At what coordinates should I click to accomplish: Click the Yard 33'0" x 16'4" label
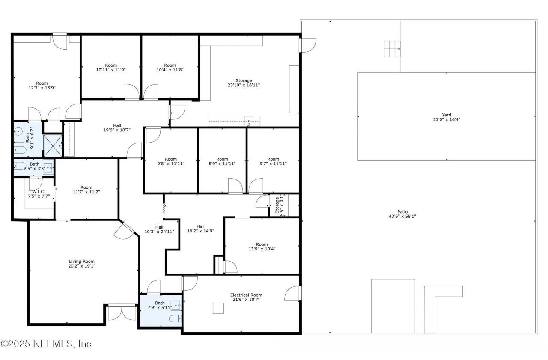pos(447,117)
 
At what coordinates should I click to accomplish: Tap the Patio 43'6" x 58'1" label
pos(402,214)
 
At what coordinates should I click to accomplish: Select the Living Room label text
pos(82,264)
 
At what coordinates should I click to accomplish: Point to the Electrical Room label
pos(246,297)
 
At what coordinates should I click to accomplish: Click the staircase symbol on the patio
pos(391,49)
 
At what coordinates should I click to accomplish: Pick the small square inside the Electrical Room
pos(218,308)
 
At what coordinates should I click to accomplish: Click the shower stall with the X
pos(54,145)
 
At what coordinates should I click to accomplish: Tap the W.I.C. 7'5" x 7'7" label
pos(39,194)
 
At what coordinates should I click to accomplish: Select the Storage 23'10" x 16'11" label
pos(244,83)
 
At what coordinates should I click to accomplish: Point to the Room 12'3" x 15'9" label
pos(42,86)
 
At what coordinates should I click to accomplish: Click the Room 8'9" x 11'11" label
pos(222,161)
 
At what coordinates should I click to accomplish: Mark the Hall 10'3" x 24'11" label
pos(159,229)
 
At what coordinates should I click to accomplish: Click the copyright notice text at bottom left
pos(46,344)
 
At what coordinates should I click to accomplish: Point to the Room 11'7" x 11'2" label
pos(86,190)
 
